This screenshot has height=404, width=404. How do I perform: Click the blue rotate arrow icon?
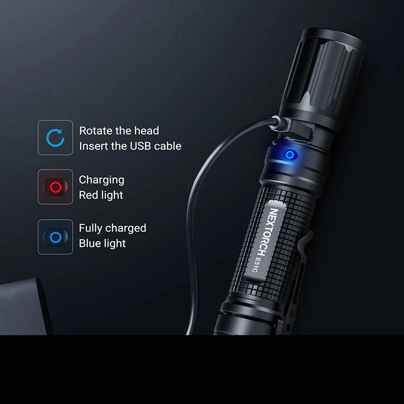tap(55, 138)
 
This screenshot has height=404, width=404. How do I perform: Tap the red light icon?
tap(55, 187)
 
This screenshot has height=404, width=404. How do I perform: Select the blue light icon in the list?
tap(55, 237)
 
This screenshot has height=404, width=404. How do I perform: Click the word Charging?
tap(101, 180)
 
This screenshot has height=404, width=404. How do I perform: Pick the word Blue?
tap(89, 243)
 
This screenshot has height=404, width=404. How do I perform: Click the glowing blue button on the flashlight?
tap(289, 155)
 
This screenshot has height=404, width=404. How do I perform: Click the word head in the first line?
tap(146, 131)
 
